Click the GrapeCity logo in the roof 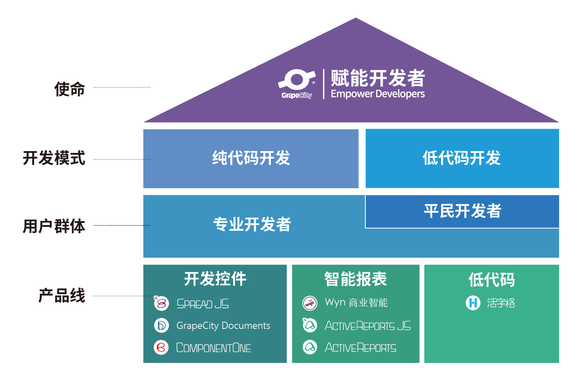click(296, 84)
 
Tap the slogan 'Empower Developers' click(377, 94)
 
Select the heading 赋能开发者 click(377, 78)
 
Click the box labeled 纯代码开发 click(251, 159)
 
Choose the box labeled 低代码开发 click(462, 159)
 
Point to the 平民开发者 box click(462, 211)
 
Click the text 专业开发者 click(252, 225)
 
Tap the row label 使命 click(70, 89)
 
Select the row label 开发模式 click(54, 158)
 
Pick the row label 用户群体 click(54, 226)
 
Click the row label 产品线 click(62, 295)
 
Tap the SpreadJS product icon click(161, 303)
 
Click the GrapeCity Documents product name click(223, 326)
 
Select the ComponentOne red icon click(161, 347)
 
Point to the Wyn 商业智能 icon click(310, 303)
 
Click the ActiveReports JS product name click(368, 326)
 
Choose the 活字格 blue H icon click(473, 303)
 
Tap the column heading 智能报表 click(355, 279)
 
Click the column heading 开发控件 click(215, 279)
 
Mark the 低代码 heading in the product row click(491, 280)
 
